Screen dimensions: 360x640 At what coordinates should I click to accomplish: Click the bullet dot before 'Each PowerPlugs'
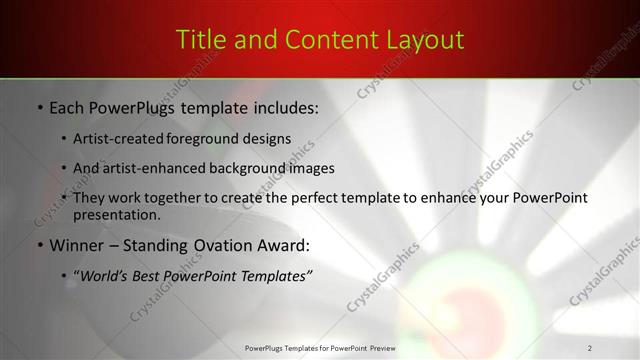pos(38,106)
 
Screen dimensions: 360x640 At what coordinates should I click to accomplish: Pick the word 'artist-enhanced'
pos(155,168)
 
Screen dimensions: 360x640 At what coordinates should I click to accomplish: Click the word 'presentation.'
pos(116,215)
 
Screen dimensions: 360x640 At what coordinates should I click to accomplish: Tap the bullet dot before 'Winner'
pos(38,245)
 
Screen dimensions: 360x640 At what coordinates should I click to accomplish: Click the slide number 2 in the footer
pos(590,348)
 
